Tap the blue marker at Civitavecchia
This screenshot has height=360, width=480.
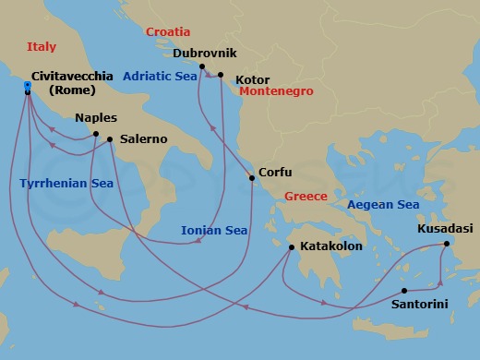pos(29,88)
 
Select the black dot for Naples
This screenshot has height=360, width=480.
pos(96,134)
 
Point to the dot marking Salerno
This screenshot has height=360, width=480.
pos(110,139)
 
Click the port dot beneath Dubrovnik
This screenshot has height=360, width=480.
pos(201,66)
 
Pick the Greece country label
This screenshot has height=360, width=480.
pos(306,197)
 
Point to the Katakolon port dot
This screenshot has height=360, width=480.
pos(291,247)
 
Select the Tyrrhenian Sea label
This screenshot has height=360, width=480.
pos(66,184)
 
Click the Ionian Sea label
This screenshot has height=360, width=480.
pos(214,230)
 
